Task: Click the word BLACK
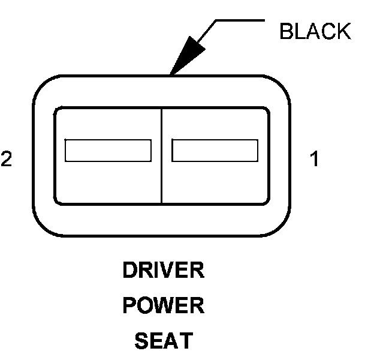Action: [315, 31]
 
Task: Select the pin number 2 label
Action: [7, 159]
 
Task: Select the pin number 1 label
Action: [314, 159]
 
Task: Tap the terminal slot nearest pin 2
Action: [108, 150]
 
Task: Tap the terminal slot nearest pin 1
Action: [215, 150]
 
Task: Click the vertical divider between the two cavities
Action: [162, 156]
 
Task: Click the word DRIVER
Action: [164, 271]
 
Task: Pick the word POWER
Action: [164, 306]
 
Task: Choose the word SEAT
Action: [164, 341]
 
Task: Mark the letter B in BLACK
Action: [286, 31]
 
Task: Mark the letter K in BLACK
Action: [343, 31]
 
